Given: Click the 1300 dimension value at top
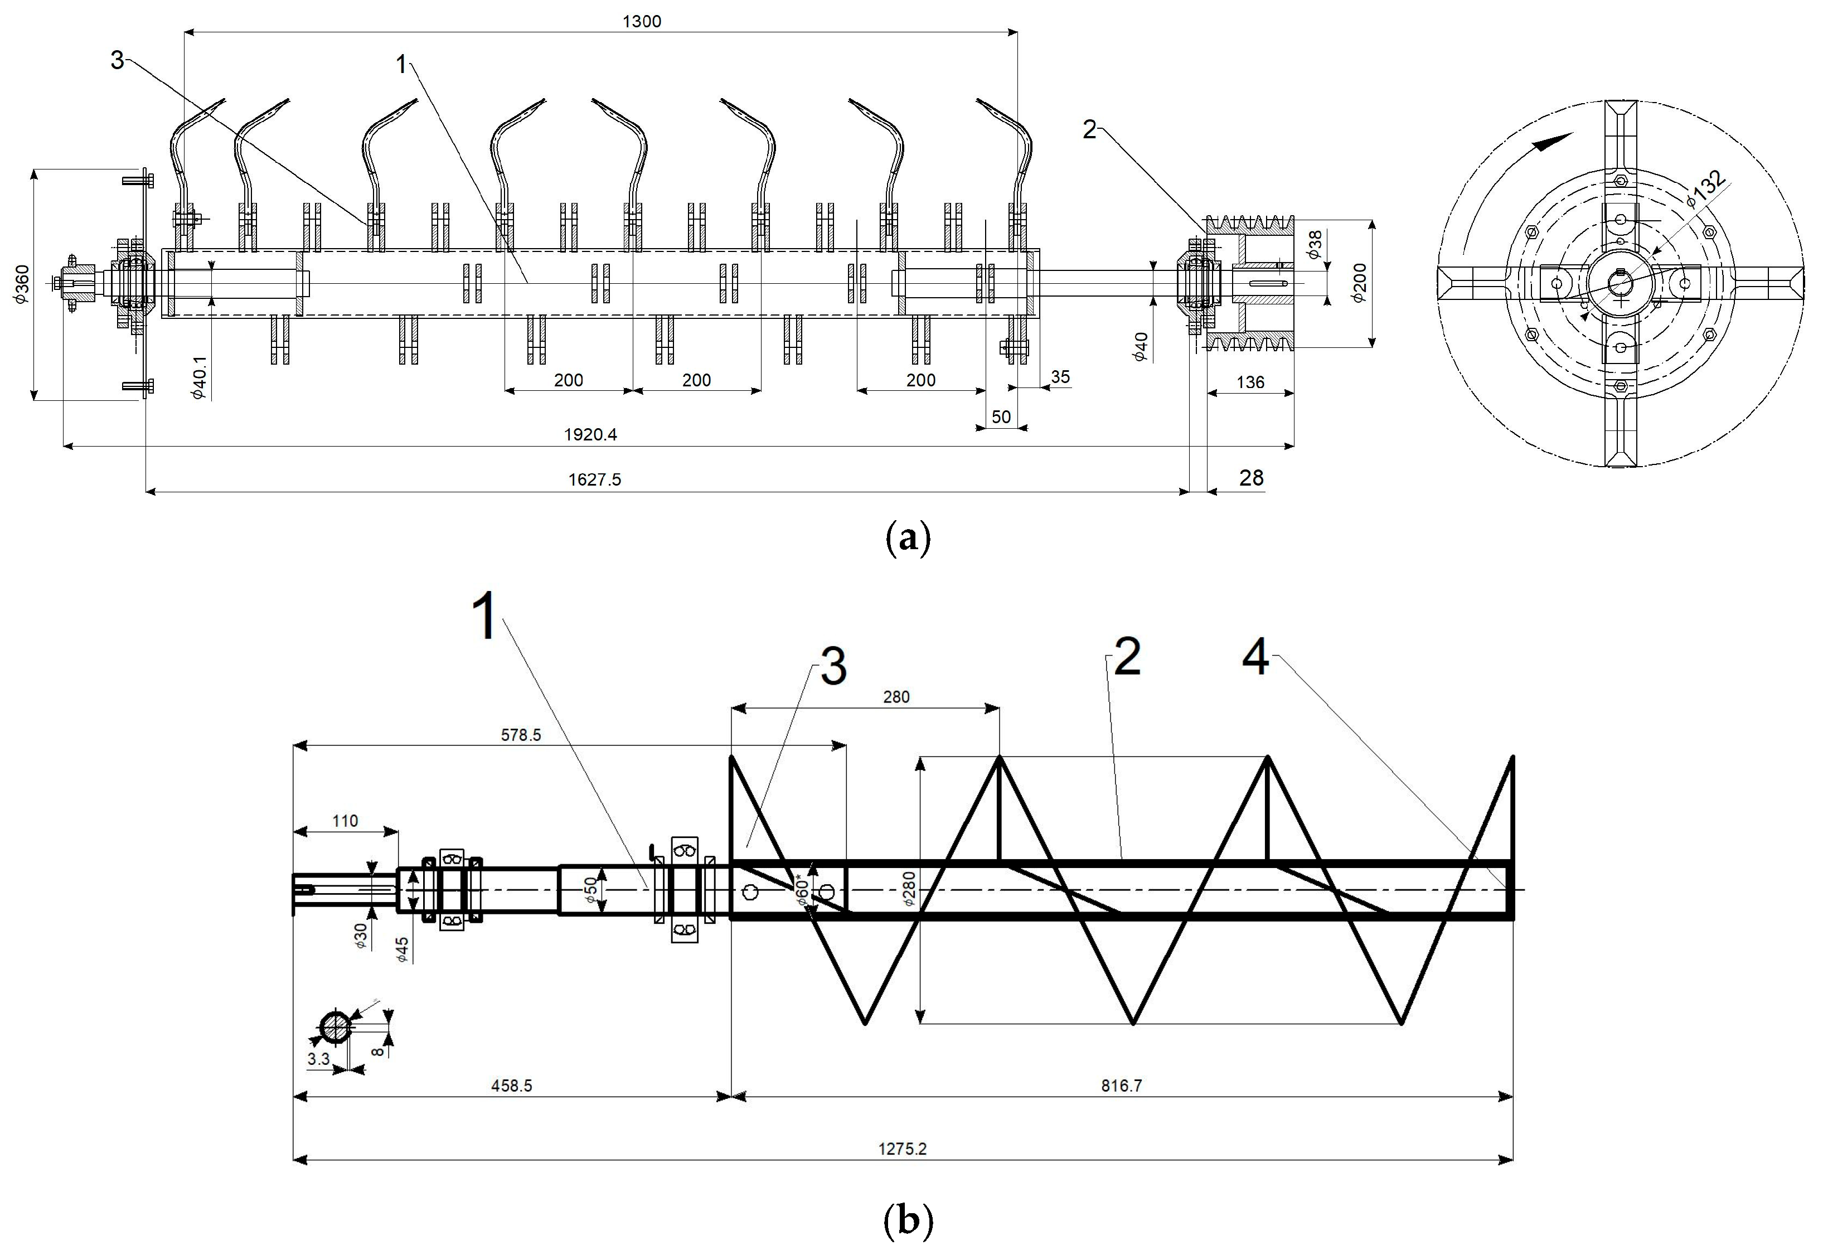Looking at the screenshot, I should (642, 21).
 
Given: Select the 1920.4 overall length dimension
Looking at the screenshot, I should (590, 435).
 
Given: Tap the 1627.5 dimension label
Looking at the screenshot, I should (594, 479).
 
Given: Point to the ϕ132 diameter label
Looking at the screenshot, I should (1706, 188).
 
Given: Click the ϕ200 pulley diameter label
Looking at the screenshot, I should (1360, 283).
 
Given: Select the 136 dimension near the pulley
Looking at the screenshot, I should (1250, 382).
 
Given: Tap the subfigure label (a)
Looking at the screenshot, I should (908, 539).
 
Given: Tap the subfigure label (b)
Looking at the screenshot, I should (908, 1221).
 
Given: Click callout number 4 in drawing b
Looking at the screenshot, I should (1255, 657).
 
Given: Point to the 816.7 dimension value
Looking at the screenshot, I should (1121, 1086).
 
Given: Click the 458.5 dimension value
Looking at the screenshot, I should (511, 1086).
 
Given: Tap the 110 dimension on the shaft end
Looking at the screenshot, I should (345, 821).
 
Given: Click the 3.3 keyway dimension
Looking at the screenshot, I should (318, 1059).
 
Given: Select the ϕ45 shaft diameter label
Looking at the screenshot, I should (402, 949).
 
